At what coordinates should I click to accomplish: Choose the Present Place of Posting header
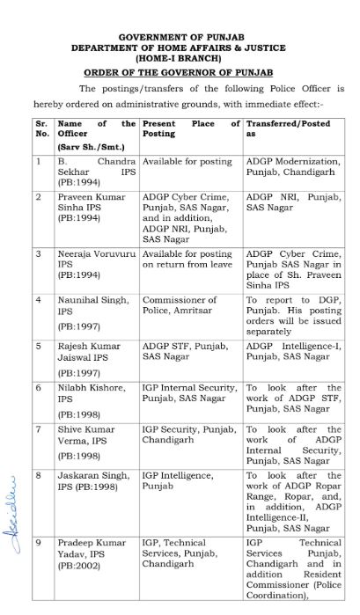pyautogui.click(x=190, y=129)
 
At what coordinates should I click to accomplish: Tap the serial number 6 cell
pyautogui.click(x=39, y=387)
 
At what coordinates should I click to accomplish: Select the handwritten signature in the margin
pyautogui.click(x=15, y=499)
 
